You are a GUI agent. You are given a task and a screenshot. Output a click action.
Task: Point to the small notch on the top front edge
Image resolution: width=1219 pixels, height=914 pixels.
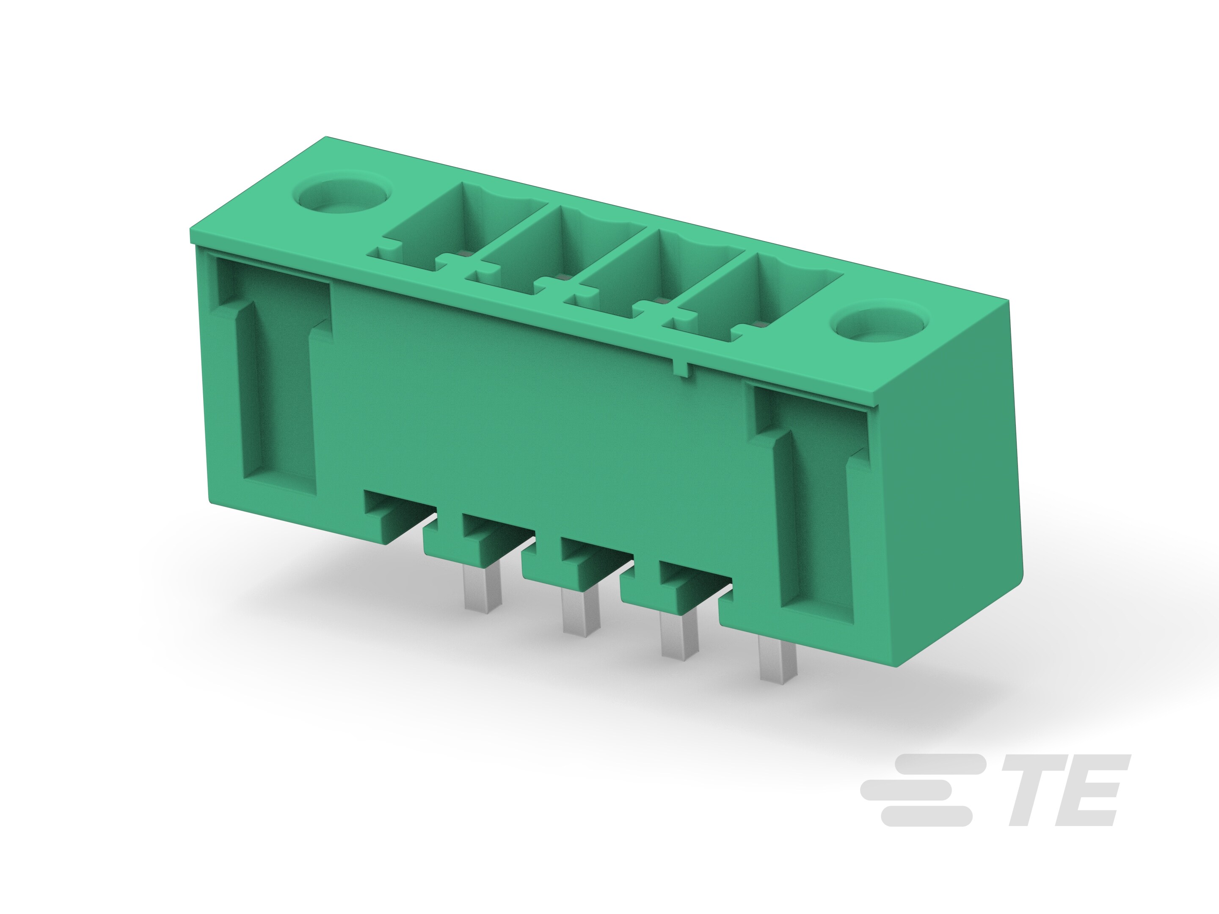pyautogui.click(x=683, y=369)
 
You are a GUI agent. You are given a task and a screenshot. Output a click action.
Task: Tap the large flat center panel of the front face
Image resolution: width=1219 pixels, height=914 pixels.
pyautogui.click(x=529, y=413)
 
